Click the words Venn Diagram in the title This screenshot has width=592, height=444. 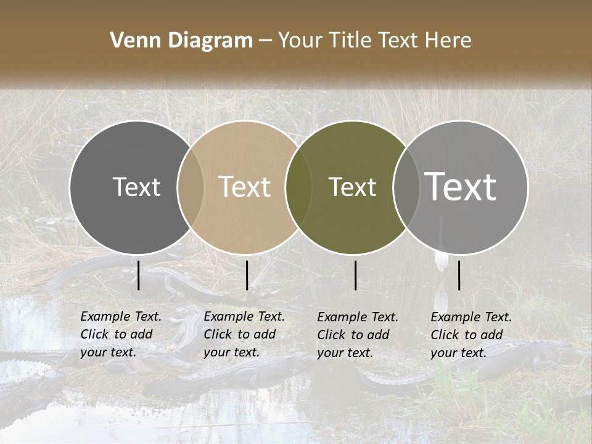pyautogui.click(x=181, y=41)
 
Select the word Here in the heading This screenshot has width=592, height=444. pyautogui.click(x=448, y=41)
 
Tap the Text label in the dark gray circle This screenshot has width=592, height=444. pyautogui.click(x=136, y=187)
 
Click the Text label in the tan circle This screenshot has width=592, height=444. pyautogui.click(x=245, y=187)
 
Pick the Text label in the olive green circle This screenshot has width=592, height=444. pyautogui.click(x=353, y=187)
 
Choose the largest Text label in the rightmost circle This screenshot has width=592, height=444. pyautogui.click(x=461, y=187)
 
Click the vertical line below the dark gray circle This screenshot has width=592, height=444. pyautogui.click(x=139, y=275)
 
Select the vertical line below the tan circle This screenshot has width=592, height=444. pyautogui.click(x=247, y=275)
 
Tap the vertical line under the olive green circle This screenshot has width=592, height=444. pyautogui.click(x=356, y=275)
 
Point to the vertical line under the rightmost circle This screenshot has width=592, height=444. pyautogui.click(x=459, y=275)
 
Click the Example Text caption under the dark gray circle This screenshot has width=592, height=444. pyautogui.click(x=121, y=334)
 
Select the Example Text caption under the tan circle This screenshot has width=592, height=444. pyautogui.click(x=244, y=334)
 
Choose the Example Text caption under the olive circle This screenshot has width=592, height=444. pyautogui.click(x=358, y=335)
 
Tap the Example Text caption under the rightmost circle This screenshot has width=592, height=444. pyautogui.click(x=471, y=335)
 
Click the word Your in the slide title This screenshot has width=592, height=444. pyautogui.click(x=300, y=41)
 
